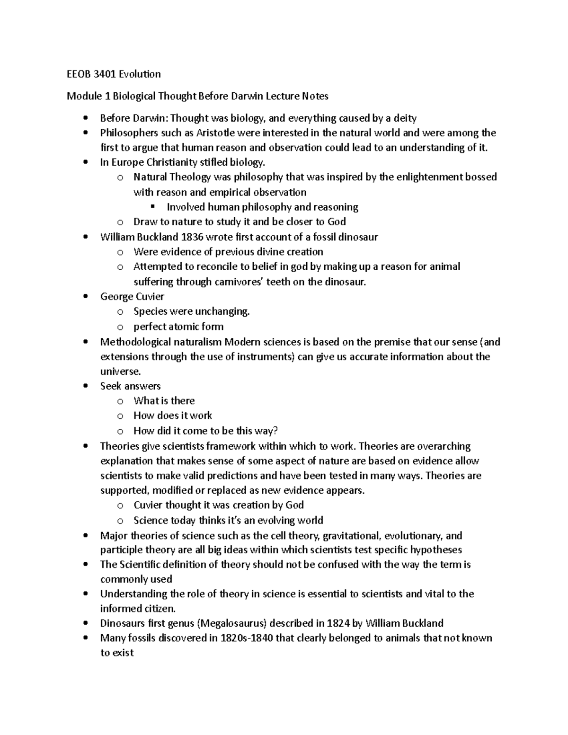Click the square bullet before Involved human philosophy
point(152,207)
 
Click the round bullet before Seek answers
point(85,386)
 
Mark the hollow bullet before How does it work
point(120,416)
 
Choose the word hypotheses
point(436,550)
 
